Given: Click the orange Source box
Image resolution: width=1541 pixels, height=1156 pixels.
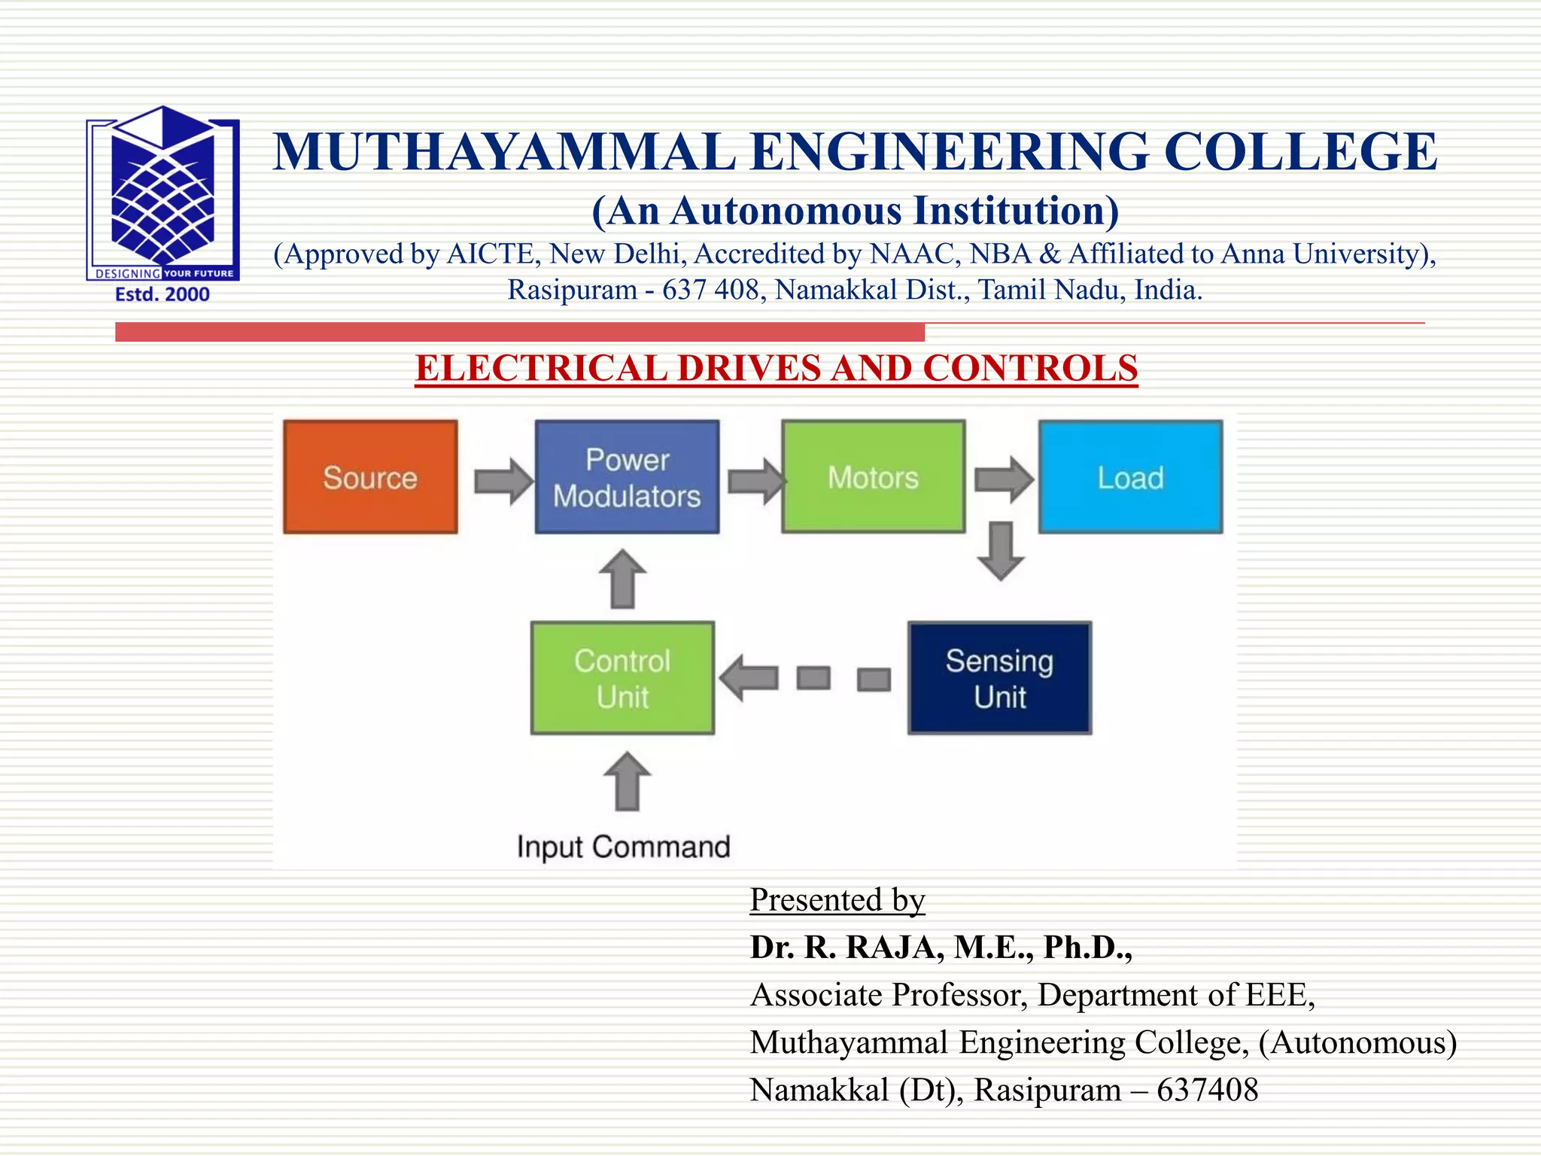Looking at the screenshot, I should click(x=370, y=477).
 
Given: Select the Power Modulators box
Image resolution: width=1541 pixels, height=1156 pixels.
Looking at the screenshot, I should click(x=627, y=477).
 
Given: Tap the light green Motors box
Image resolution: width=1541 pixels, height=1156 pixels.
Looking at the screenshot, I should click(x=873, y=477).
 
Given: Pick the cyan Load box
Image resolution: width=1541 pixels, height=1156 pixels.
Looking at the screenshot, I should click(x=1130, y=477).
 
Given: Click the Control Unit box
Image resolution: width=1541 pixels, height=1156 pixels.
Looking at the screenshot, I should click(x=622, y=678).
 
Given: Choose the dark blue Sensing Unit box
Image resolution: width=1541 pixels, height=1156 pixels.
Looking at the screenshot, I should click(x=999, y=678).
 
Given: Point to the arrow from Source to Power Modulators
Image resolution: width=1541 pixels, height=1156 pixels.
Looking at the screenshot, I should click(x=503, y=480).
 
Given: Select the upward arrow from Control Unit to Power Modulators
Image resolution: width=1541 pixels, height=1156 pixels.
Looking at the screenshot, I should click(x=622, y=579).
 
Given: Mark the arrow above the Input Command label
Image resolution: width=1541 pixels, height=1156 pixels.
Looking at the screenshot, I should click(x=627, y=781).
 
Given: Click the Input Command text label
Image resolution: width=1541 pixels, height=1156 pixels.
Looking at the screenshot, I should click(x=623, y=847).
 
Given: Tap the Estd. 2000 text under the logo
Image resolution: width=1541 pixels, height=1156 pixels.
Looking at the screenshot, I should click(x=163, y=294).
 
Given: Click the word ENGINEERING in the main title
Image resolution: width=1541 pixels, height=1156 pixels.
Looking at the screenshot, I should click(x=950, y=152).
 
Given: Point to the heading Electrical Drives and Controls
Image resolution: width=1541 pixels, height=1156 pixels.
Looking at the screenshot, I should click(x=776, y=369).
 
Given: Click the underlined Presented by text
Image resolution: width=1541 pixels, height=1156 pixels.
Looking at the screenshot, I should click(x=837, y=900).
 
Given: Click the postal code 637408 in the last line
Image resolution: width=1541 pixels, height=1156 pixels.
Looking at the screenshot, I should click(x=1207, y=1090).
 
